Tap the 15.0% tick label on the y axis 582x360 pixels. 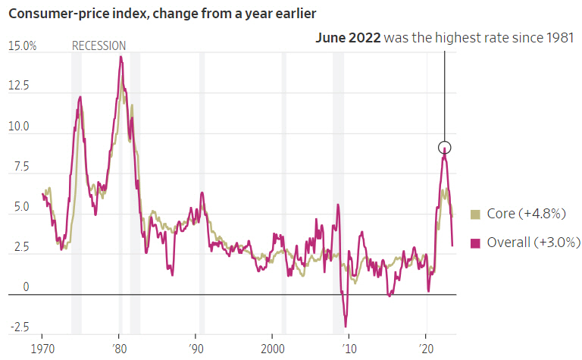point(22,46)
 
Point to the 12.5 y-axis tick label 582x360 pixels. point(18,86)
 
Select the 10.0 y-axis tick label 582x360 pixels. point(18,127)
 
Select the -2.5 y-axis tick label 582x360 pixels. point(18,327)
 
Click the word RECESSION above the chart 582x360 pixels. point(99,46)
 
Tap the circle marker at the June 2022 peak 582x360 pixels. point(445,148)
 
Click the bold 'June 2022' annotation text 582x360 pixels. point(348,38)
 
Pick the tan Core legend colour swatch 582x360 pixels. point(475,214)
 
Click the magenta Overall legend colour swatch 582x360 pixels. point(475,243)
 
